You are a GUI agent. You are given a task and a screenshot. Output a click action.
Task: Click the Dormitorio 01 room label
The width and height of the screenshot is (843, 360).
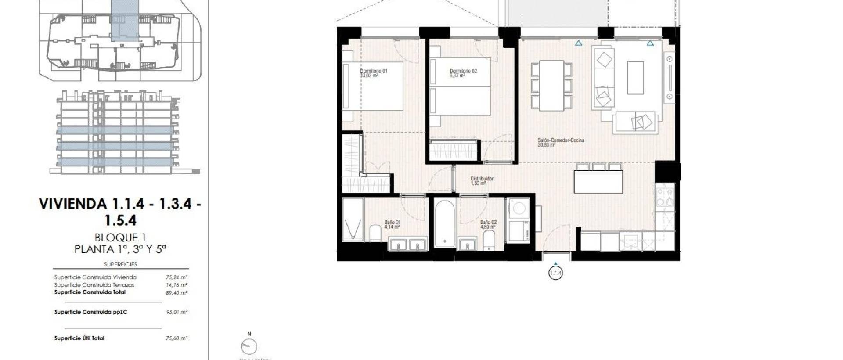(x=373, y=73)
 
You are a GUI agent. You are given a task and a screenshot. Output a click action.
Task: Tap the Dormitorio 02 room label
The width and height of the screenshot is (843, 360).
(x=463, y=73)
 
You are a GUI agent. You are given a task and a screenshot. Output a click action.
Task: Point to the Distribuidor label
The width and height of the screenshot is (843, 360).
(x=482, y=180)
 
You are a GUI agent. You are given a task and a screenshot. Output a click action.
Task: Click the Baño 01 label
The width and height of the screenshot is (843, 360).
(x=392, y=224)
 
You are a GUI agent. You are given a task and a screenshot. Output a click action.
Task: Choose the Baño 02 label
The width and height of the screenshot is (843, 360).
(x=488, y=224)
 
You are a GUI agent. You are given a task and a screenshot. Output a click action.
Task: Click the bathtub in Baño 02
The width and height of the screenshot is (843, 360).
(x=445, y=224)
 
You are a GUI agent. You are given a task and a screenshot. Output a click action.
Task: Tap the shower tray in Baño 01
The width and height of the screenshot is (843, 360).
(x=353, y=220)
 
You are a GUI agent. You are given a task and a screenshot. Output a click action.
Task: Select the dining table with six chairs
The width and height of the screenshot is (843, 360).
(x=551, y=86)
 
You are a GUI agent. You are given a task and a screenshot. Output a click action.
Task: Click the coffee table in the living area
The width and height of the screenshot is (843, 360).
(x=635, y=78)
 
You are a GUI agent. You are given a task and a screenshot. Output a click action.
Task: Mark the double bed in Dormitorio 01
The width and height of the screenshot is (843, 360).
(x=373, y=86)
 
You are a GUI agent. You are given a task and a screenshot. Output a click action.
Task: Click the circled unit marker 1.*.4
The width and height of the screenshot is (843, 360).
(x=555, y=273)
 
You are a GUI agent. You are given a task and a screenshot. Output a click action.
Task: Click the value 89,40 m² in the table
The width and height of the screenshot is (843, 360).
(x=177, y=293)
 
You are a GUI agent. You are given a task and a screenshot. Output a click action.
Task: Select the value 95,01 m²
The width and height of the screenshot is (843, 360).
(x=177, y=312)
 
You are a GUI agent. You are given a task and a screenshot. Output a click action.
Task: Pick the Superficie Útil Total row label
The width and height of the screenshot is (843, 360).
(x=79, y=338)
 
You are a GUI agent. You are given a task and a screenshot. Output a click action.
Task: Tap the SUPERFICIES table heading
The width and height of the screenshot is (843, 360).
(x=120, y=264)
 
